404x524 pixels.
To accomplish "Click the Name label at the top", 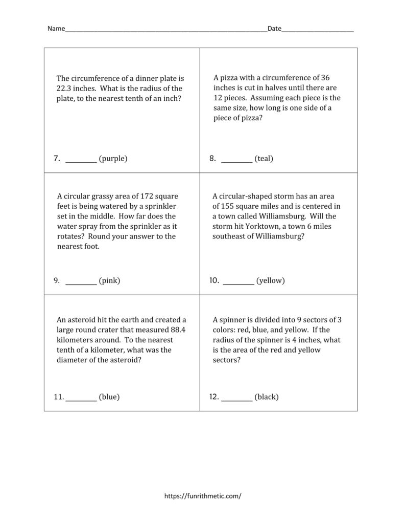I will (56, 29).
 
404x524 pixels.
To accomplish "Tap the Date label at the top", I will (274, 29).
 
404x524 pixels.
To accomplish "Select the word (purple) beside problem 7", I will (113, 159).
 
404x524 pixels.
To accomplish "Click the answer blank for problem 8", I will (236, 159).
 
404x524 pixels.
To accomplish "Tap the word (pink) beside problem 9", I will (109, 280).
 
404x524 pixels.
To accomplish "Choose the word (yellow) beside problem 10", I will (270, 280).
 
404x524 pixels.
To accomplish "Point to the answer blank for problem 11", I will (81, 397).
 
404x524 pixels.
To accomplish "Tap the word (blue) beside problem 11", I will (109, 397).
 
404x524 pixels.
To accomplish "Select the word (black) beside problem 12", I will (266, 397).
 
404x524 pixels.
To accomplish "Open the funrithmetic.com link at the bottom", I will (202, 496).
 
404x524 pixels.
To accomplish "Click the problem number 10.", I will (214, 280).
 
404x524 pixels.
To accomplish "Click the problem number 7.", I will (57, 159).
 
